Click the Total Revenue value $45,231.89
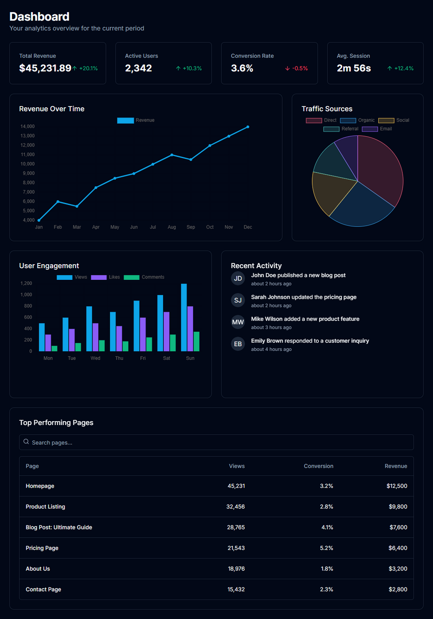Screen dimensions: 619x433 45,68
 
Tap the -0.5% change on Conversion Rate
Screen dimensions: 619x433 297,69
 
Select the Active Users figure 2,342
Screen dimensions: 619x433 138,68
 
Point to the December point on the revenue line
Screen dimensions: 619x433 248,127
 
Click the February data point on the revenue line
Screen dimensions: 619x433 58,202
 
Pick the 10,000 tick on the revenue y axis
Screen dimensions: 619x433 28,164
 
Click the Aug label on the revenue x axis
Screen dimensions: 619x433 172,227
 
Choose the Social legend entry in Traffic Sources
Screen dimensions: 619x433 394,120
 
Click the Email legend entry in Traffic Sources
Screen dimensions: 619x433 377,129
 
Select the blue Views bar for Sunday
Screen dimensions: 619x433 184,317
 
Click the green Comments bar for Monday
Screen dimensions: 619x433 55,348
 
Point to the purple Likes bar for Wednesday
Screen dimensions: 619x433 96,337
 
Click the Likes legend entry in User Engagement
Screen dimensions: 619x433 106,277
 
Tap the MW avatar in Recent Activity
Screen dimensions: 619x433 238,322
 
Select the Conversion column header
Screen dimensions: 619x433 318,466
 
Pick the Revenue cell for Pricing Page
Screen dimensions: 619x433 398,548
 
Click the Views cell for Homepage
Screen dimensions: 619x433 236,486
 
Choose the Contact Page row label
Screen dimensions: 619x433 44,589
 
